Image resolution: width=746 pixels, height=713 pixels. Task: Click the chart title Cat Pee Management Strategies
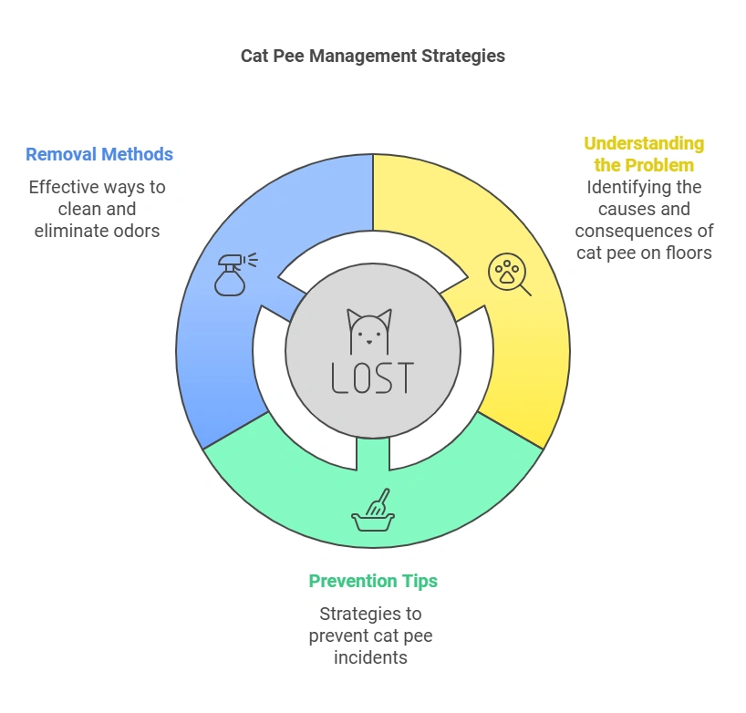click(372, 56)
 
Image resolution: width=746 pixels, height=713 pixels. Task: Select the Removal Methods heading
click(99, 154)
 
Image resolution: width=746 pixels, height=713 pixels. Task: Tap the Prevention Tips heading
click(372, 581)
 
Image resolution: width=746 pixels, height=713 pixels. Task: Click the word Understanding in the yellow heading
click(644, 143)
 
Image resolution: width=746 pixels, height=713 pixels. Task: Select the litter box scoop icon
click(373, 512)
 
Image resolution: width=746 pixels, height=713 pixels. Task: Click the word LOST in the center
click(372, 377)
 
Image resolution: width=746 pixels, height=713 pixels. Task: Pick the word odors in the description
click(136, 231)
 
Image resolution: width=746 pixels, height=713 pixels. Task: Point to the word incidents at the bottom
click(370, 657)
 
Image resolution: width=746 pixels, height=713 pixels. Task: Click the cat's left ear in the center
click(354, 318)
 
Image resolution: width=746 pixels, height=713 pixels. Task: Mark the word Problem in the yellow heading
click(657, 165)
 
